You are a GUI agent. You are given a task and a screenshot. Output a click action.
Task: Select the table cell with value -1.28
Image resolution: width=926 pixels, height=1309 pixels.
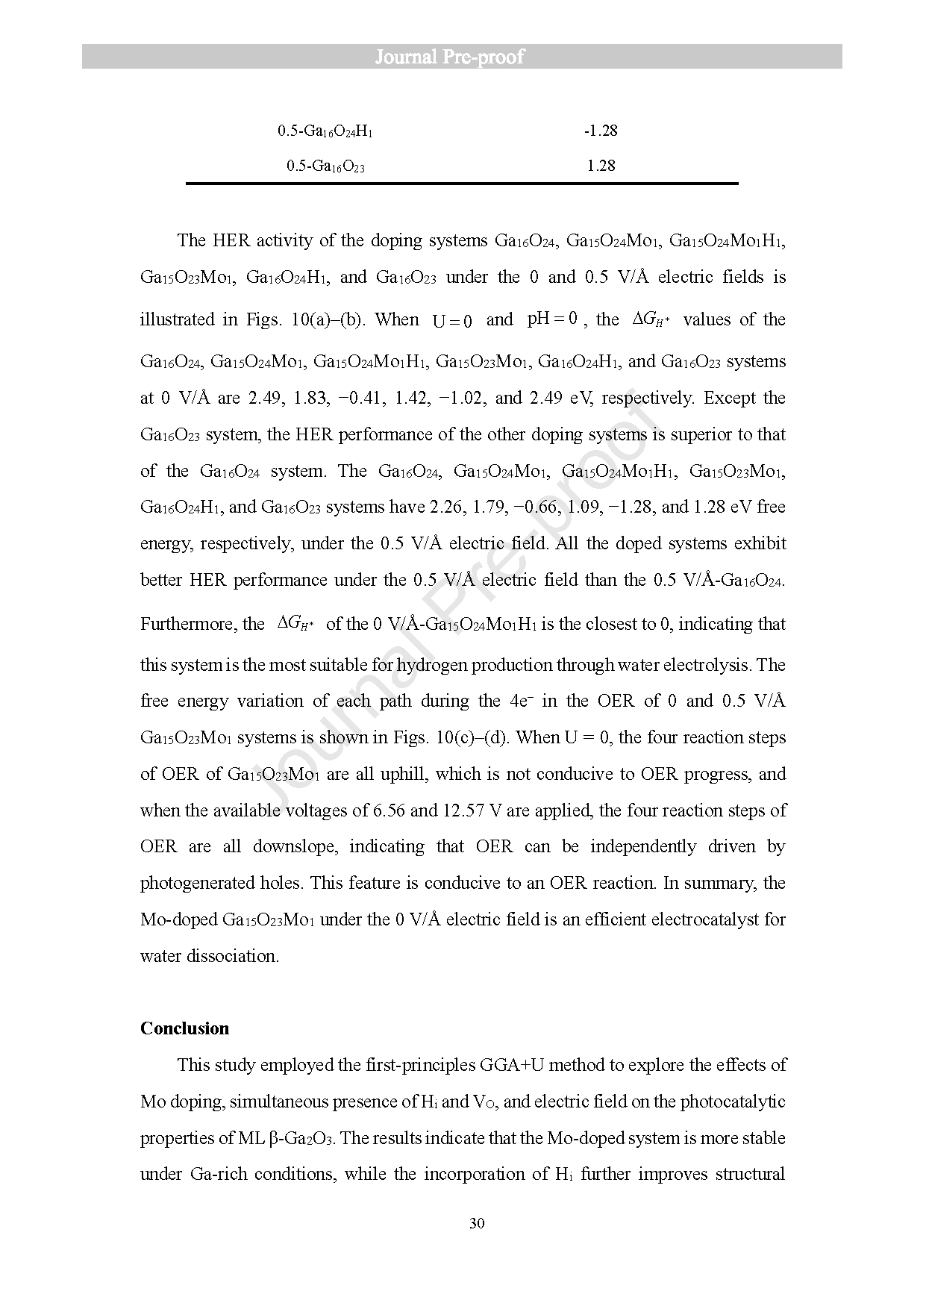click(x=600, y=131)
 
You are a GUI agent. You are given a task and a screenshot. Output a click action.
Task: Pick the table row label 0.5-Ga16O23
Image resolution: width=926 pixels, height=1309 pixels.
click(x=325, y=166)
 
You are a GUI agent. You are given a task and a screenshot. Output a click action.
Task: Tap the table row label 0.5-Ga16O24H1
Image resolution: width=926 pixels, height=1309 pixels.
click(x=325, y=131)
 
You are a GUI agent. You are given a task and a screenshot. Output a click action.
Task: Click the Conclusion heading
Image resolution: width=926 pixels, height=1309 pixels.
click(x=184, y=1028)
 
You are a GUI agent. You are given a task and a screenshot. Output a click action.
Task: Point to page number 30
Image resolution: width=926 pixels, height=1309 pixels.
click(x=478, y=1223)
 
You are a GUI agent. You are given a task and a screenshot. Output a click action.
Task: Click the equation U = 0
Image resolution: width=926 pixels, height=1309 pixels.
click(x=452, y=322)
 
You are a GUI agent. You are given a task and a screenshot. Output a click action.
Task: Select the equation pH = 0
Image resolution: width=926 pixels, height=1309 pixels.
click(x=552, y=319)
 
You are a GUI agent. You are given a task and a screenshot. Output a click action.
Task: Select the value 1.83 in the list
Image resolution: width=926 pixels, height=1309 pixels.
click(x=310, y=398)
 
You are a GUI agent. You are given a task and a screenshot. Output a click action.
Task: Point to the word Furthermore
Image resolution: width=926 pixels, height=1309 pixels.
click(x=186, y=624)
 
